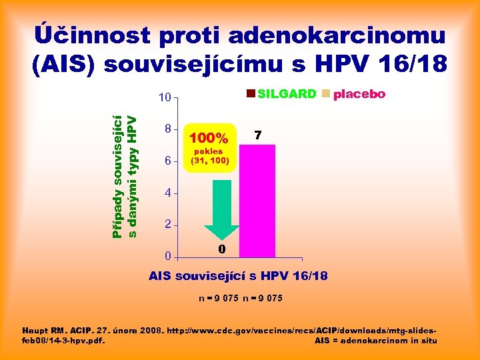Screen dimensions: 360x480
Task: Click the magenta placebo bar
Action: click(x=257, y=200)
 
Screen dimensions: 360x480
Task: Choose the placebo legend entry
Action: click(x=354, y=94)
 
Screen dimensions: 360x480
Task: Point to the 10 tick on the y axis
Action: click(x=164, y=98)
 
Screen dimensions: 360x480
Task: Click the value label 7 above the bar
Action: click(x=257, y=136)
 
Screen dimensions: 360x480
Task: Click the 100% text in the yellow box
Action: click(x=209, y=139)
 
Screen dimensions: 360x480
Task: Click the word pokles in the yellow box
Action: click(x=210, y=151)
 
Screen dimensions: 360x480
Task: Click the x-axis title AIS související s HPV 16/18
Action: click(x=238, y=275)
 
